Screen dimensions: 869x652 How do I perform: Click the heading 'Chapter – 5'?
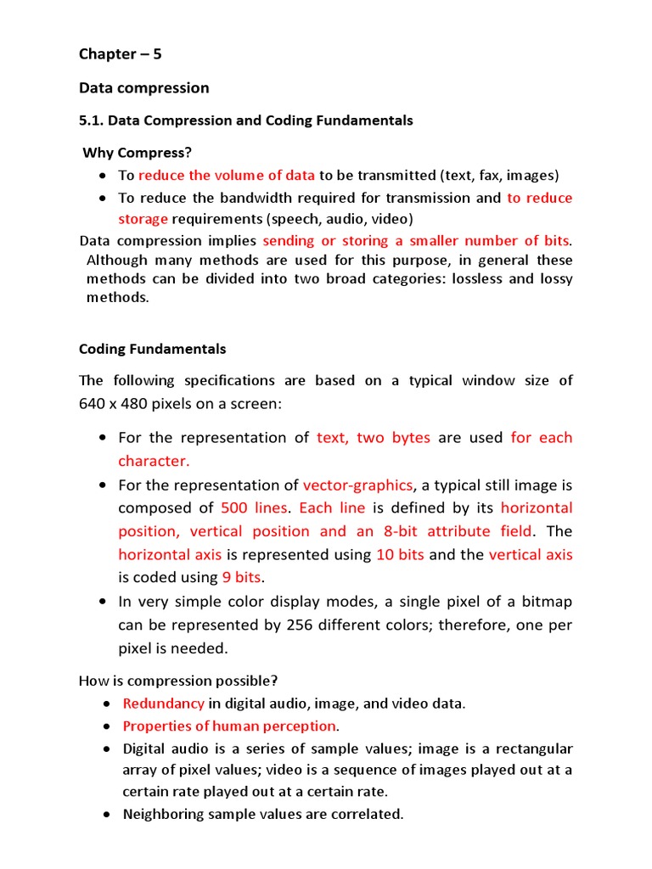click(120, 54)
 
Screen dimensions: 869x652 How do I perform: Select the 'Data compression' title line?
click(143, 88)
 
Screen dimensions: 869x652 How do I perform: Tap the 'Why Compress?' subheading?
click(137, 153)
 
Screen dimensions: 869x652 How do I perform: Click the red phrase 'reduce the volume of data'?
click(227, 176)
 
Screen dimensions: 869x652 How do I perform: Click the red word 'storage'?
click(142, 219)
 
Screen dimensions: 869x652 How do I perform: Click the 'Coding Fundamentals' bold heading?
click(153, 349)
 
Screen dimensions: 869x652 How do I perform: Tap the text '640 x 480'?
click(115, 404)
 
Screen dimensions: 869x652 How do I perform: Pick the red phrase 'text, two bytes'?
click(374, 438)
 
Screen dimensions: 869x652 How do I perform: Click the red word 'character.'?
click(154, 461)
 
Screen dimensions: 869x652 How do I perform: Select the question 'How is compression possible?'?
click(178, 681)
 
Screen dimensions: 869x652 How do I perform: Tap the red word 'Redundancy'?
click(164, 704)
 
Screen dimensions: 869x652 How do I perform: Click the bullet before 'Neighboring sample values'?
click(104, 815)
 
